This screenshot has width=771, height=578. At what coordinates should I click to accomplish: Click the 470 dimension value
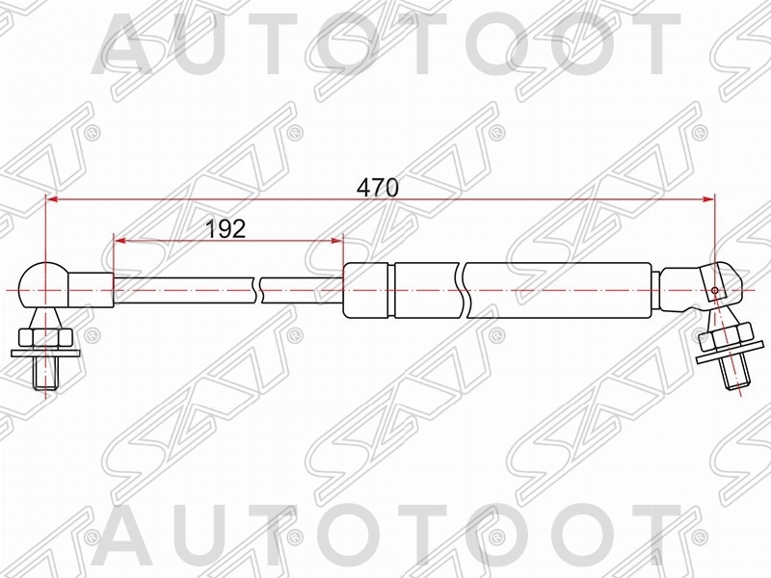(x=378, y=188)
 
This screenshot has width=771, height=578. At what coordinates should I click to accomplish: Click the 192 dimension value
(x=226, y=228)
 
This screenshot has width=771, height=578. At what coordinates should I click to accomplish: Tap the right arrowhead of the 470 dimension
(x=708, y=200)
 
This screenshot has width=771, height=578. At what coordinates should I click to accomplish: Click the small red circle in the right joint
(x=714, y=291)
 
